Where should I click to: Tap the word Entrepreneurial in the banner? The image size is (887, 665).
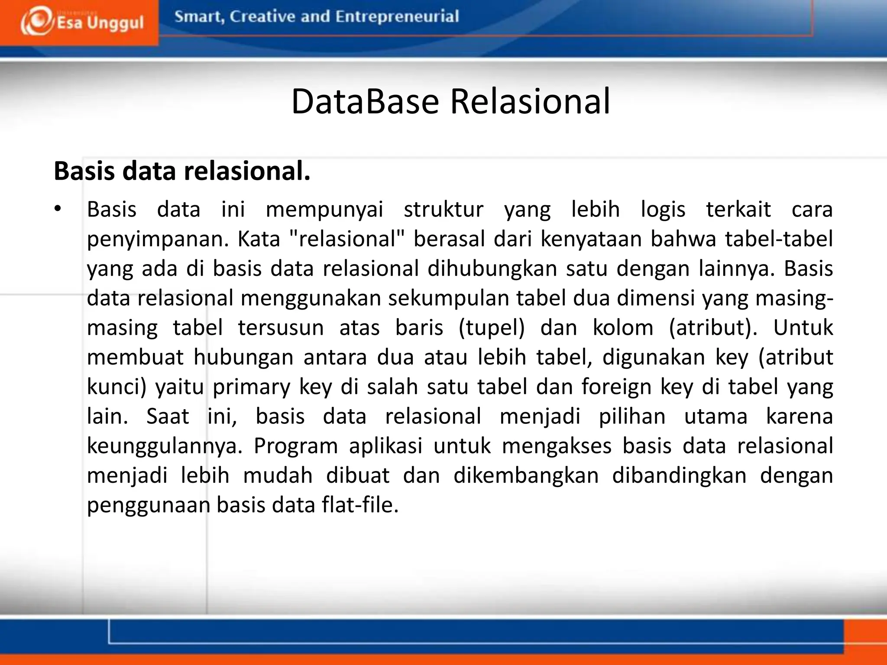397,17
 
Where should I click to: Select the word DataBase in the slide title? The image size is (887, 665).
365,101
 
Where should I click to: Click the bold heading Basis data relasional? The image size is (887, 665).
182,171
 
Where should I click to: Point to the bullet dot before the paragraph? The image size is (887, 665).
58,209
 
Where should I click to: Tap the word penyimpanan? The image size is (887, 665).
157,239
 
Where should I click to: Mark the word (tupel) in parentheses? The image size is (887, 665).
492,328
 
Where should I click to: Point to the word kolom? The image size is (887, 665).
623,328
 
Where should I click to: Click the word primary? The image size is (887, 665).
251,387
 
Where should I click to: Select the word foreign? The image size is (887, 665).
616,387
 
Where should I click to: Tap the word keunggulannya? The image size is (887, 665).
165,446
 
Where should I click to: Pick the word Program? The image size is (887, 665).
296,446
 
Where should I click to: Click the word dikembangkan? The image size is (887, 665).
526,475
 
